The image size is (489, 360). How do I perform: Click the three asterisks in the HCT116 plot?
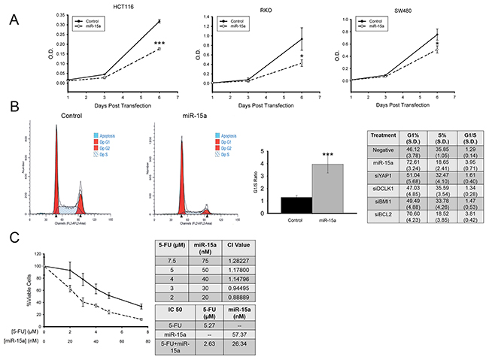point(159,44)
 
